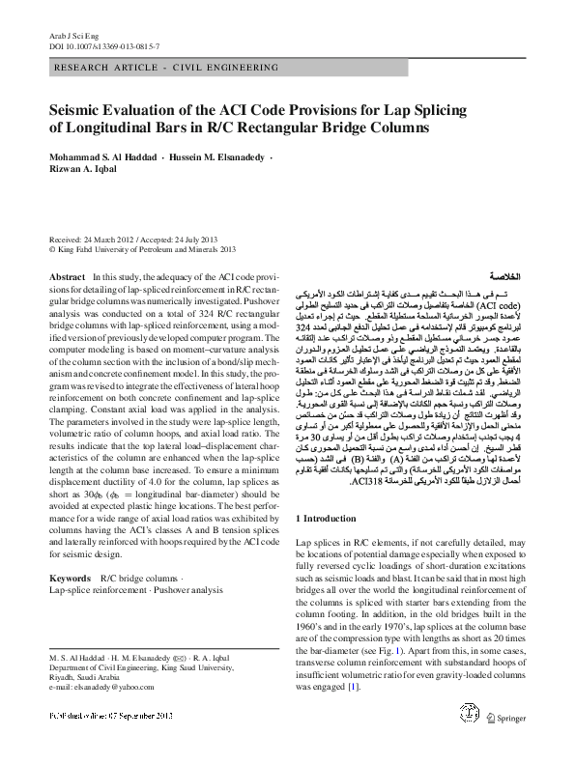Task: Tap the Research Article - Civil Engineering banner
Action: (x=151, y=70)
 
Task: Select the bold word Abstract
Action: (x=65, y=276)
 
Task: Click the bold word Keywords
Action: (x=69, y=578)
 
